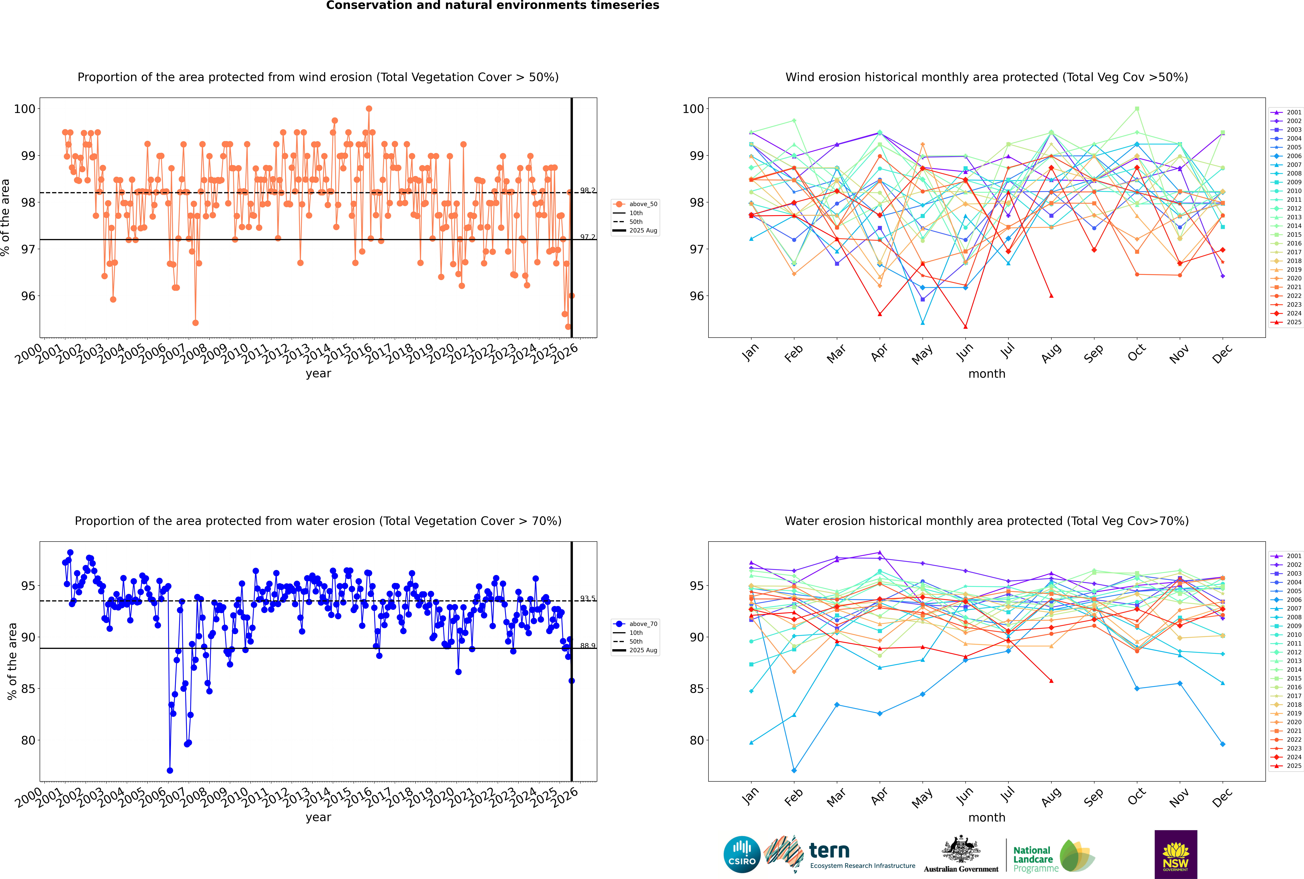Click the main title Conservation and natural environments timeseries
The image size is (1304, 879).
pos(492,6)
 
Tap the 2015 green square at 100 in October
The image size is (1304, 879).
pos(1137,109)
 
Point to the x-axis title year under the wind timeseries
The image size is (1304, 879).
pos(318,373)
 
